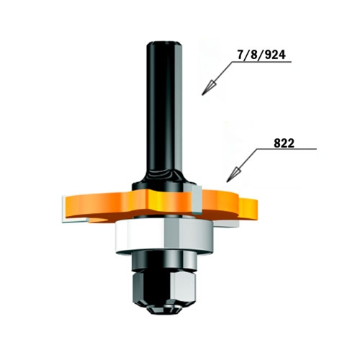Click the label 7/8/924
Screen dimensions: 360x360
[x=261, y=55]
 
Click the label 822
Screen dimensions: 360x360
[x=284, y=143]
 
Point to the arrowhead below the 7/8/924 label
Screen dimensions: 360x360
[x=209, y=87]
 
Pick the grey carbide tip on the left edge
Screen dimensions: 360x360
[x=64, y=210]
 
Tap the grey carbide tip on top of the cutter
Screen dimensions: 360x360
[x=197, y=199]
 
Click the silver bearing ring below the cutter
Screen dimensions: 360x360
[x=164, y=237]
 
